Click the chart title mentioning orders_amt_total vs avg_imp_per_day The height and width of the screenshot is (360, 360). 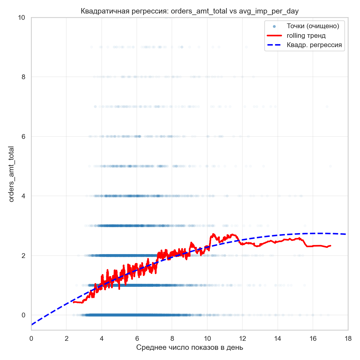coord(190,11)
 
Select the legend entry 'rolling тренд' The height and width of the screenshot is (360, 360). coord(306,36)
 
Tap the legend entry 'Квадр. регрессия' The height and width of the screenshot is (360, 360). coord(314,45)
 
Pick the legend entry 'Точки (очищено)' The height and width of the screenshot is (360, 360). coord(313,26)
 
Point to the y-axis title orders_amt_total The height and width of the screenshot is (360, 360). coord(11,174)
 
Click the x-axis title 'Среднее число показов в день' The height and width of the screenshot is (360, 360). coord(190,348)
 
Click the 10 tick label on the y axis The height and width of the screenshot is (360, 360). coord(21,18)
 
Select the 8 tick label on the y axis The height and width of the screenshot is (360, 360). coord(23,77)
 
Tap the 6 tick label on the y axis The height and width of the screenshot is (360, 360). coord(23,136)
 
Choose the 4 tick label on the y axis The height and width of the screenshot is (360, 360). coord(23,196)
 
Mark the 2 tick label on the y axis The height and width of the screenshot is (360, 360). coord(23,256)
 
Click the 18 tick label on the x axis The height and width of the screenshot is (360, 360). coord(348,338)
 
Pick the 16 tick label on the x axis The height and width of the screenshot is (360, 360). coord(313,338)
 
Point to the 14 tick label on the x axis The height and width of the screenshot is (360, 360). coord(278,338)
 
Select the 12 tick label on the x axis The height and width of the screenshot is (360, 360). coord(242,338)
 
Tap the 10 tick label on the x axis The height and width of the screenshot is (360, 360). coord(207,338)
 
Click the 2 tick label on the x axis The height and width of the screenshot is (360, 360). coord(67,338)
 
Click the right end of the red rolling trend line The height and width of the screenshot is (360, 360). coord(331,246)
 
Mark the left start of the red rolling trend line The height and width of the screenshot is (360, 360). coord(73,302)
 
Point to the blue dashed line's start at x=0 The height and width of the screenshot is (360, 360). coord(31,325)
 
